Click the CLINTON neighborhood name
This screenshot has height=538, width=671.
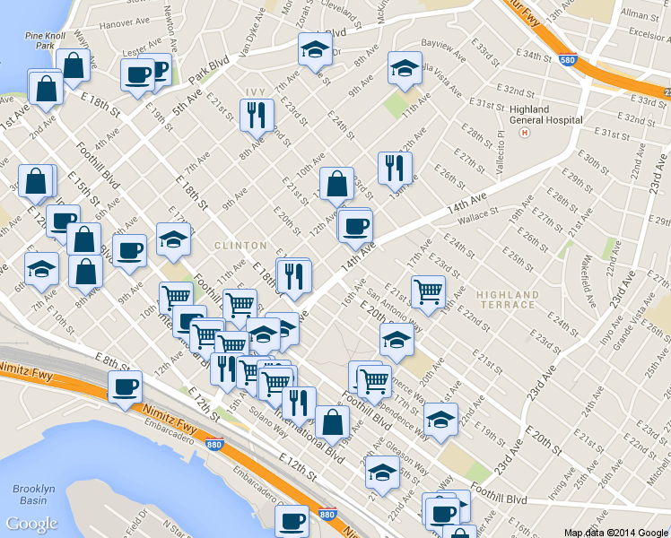click(240, 245)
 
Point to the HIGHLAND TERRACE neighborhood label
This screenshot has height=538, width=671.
click(507, 299)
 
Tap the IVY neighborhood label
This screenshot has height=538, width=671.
click(256, 92)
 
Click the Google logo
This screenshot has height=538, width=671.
click(31, 524)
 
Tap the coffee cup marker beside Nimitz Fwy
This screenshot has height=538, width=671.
click(126, 386)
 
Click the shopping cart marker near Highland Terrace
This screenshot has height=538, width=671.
click(429, 290)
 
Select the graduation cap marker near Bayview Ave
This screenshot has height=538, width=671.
click(405, 67)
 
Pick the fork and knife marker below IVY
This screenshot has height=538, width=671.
click(257, 115)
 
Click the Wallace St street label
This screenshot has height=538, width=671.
click(476, 215)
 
